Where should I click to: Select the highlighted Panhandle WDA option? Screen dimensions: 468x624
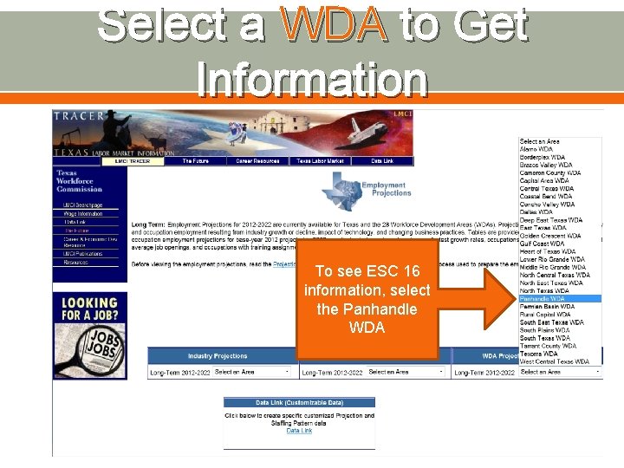pyautogui.click(x=543, y=298)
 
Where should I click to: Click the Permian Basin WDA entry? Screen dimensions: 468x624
pyautogui.click(x=546, y=306)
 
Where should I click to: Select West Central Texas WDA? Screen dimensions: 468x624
pyautogui.click(x=554, y=361)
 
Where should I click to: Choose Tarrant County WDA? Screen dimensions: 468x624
pyautogui.click(x=548, y=346)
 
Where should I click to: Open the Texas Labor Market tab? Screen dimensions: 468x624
pyautogui.click(x=320, y=161)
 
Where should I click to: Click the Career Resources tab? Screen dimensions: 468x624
pyautogui.click(x=255, y=161)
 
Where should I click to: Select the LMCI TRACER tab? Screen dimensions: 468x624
pyautogui.click(x=133, y=161)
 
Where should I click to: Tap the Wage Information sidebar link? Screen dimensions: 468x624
pyautogui.click(x=83, y=213)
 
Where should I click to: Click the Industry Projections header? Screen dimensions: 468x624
pyautogui.click(x=218, y=356)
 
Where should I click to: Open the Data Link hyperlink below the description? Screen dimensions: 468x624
pyautogui.click(x=299, y=431)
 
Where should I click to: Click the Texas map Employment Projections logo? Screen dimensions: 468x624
pyautogui.click(x=353, y=191)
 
